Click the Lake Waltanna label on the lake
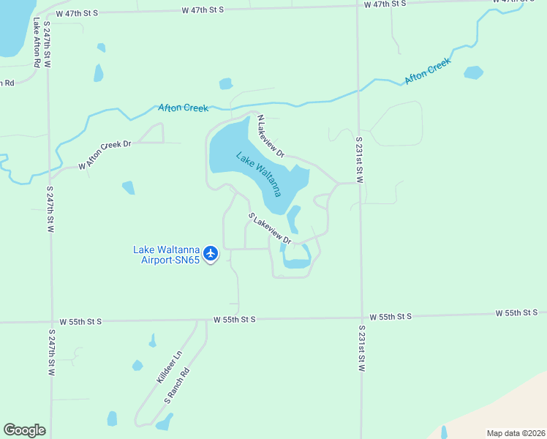(x=258, y=174)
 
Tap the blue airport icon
(x=211, y=254)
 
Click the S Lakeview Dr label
(x=270, y=229)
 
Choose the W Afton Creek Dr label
(x=104, y=155)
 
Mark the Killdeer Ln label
(x=169, y=369)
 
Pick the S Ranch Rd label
(x=177, y=386)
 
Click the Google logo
(x=24, y=430)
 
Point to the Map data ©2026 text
(x=515, y=433)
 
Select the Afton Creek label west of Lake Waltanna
(x=184, y=108)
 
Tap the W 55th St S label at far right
(x=516, y=313)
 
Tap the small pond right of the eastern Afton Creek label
(x=474, y=72)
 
